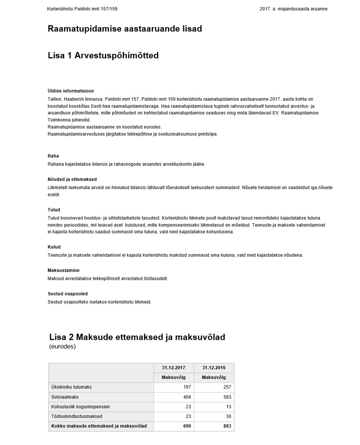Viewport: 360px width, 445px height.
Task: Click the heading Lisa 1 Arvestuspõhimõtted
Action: pos(103,56)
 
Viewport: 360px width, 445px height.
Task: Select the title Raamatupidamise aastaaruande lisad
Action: pos(125,29)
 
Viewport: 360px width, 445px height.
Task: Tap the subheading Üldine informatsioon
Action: pos(71,91)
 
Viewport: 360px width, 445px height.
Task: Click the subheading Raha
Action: pos(53,156)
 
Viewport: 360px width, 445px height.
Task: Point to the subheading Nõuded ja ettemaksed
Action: pos(72,179)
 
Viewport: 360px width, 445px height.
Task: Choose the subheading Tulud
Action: pos(54,210)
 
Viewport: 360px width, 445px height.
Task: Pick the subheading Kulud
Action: pos(54,247)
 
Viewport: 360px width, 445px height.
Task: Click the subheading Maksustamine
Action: pos(63,270)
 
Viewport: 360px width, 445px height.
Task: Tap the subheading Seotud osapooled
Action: pos(68,294)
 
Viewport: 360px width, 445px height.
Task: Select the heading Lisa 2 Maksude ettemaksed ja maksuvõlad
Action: pos(137,337)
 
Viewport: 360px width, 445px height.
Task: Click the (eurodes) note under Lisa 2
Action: pos(62,347)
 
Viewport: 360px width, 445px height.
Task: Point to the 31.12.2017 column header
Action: pos(173,368)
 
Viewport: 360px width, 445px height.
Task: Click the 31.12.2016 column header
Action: pos(214,368)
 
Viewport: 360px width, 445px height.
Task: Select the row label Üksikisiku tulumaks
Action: pos(71,387)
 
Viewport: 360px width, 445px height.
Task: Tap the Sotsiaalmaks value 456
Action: pos(187,397)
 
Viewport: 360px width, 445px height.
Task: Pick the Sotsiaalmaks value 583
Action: pos(227,397)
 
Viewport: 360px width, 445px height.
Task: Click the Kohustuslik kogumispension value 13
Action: pos(229,407)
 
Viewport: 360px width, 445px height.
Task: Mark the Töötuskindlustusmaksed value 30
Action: pos(228,416)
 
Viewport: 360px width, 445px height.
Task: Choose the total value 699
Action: pos(187,426)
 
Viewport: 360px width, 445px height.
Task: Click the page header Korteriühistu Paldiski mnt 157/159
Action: pos(82,9)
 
